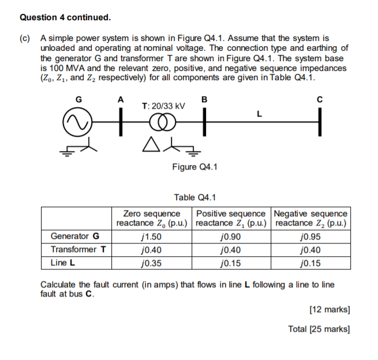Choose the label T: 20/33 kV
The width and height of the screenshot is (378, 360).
click(163, 106)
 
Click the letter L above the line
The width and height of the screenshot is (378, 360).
click(260, 114)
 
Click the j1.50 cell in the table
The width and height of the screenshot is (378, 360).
click(151, 236)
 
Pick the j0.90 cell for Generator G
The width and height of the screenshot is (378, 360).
click(231, 236)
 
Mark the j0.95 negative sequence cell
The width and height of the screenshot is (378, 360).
click(311, 236)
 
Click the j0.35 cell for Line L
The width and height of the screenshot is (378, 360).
click(151, 264)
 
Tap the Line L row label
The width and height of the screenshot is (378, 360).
click(63, 264)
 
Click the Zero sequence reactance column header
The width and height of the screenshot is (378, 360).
click(152, 218)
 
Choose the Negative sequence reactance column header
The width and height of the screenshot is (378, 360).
click(311, 218)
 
